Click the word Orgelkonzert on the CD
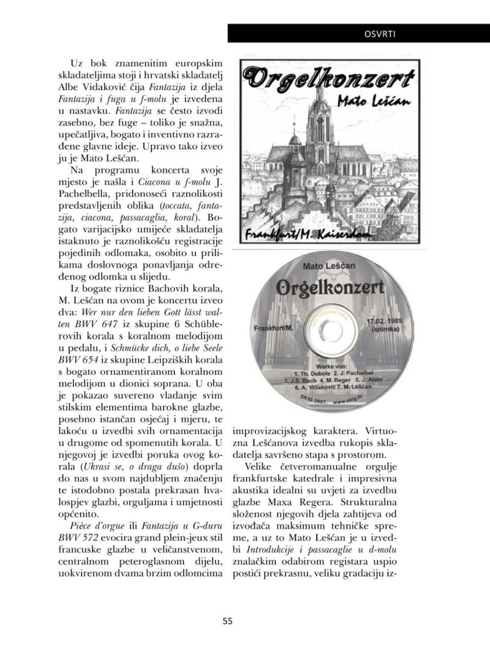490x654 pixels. tap(331, 287)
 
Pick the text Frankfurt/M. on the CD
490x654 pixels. tap(269, 328)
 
